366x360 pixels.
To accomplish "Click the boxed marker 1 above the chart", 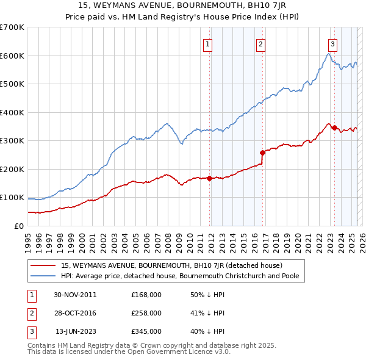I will (x=208, y=44).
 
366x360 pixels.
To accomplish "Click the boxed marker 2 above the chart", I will (x=260, y=44).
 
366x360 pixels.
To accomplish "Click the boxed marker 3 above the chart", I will (x=332, y=44).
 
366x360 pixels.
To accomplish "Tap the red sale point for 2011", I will (x=209, y=178).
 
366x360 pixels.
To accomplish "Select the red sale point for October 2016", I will (x=262, y=153).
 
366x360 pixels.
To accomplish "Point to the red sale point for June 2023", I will (x=334, y=128).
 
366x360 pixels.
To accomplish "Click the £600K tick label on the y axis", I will (x=12, y=56).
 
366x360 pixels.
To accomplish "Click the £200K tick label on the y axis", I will (x=12, y=169).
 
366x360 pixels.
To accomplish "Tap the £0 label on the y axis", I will (x=19, y=226).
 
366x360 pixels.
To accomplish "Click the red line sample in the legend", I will (x=43, y=266).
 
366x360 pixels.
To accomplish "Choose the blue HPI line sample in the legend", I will (x=43, y=275).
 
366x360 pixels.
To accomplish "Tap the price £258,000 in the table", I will (x=146, y=313).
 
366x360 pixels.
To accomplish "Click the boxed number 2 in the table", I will (x=30, y=313).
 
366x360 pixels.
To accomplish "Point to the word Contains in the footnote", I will (x=43, y=345).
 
